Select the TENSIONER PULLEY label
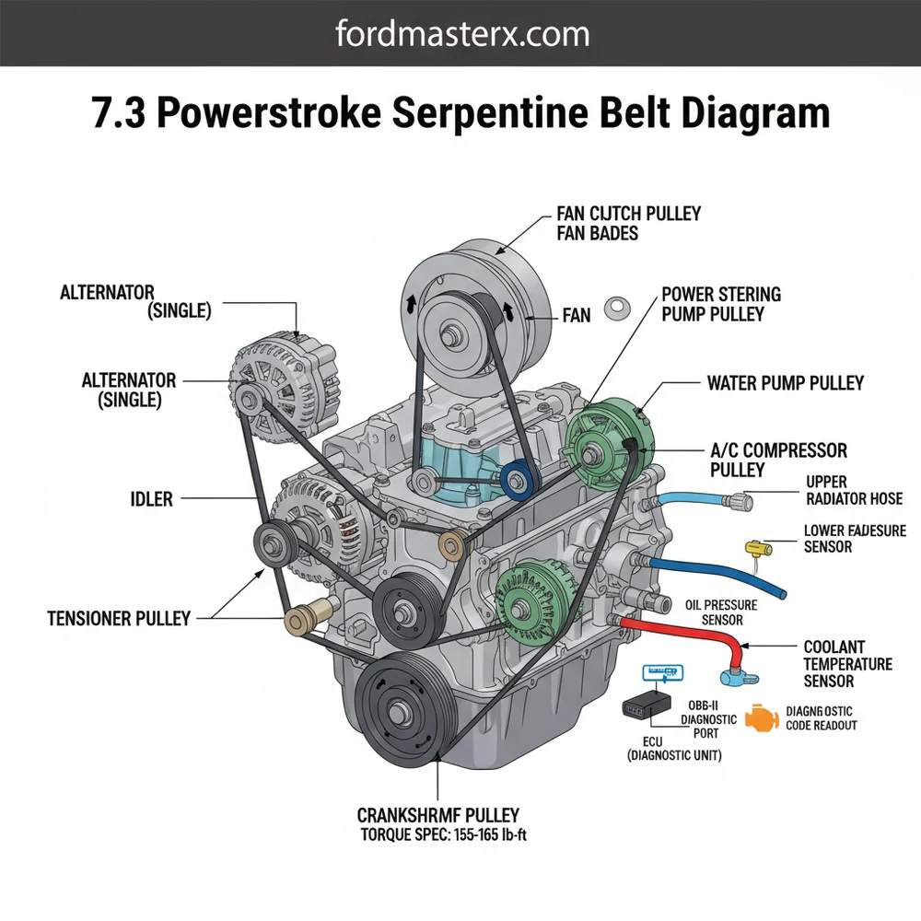point(119,618)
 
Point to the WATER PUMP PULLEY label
point(786,382)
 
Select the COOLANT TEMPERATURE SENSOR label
point(847,664)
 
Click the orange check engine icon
point(761,717)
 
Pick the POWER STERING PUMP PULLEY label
point(720,304)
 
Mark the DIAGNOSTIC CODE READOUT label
point(822,718)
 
